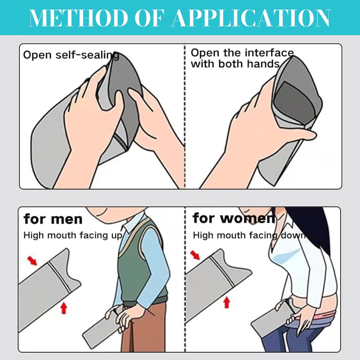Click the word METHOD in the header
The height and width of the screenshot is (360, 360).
pyautogui.click(x=78, y=18)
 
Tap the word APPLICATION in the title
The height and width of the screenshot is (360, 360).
pyautogui.click(x=251, y=18)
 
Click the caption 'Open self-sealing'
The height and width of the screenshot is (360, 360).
pyautogui.click(x=71, y=55)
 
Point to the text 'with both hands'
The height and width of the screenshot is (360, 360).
pyautogui.click(x=235, y=64)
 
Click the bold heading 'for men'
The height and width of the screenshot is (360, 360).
pyautogui.click(x=53, y=219)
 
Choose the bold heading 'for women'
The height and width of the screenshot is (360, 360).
pyautogui.click(x=234, y=218)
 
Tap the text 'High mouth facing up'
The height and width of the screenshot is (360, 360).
pyautogui.click(x=73, y=236)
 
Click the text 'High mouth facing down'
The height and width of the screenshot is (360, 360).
pyautogui.click(x=250, y=235)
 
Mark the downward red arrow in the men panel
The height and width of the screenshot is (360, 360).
pyautogui.click(x=32, y=261)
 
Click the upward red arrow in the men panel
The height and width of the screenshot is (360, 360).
pyautogui.click(x=64, y=308)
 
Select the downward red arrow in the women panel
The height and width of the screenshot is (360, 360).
pyautogui.click(x=195, y=255)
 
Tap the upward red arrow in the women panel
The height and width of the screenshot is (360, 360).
pyautogui.click(x=227, y=302)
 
